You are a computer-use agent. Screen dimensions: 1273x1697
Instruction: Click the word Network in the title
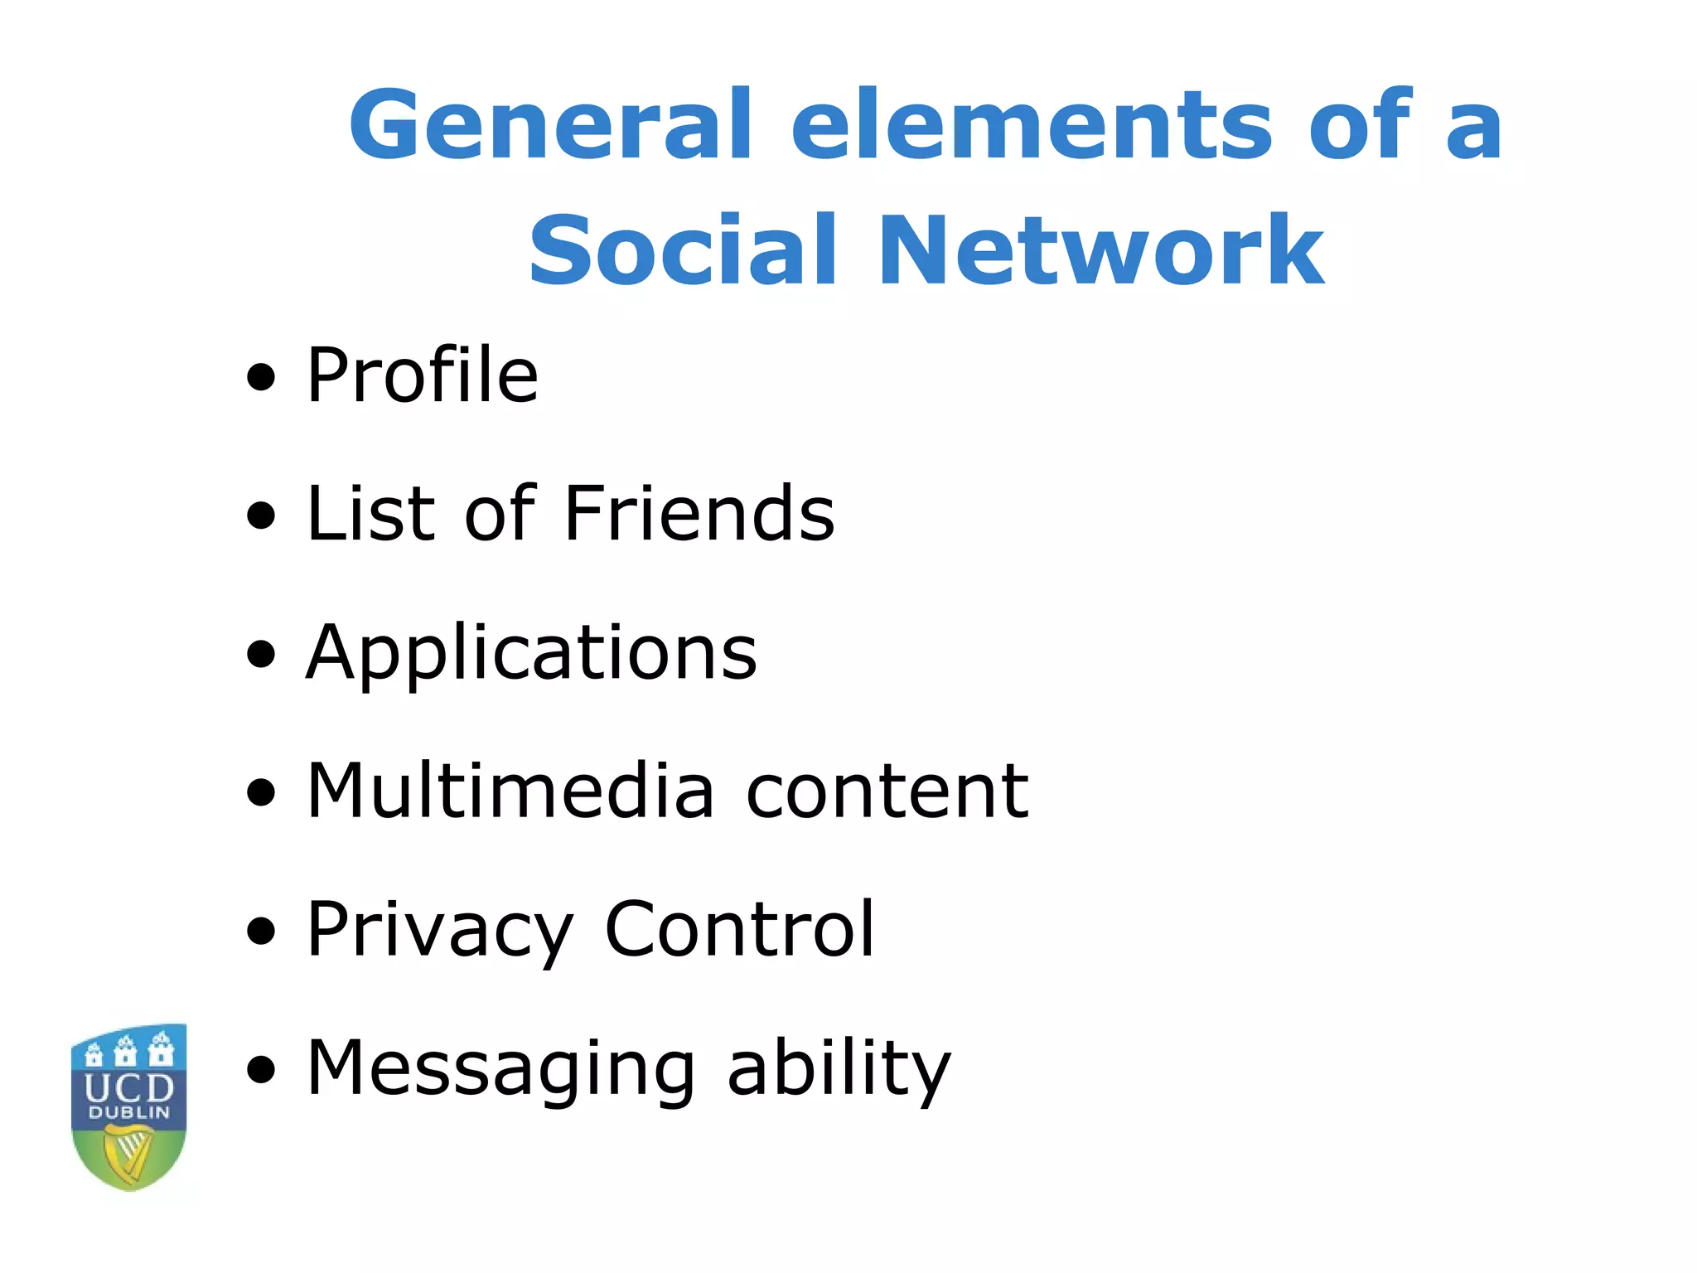(x=1100, y=250)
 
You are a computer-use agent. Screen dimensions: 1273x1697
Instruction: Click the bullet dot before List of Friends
(x=262, y=516)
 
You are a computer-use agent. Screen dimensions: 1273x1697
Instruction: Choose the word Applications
(x=531, y=655)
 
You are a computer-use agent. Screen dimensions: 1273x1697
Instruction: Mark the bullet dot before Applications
(x=262, y=655)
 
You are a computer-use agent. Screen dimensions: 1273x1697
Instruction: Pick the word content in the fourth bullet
(x=887, y=792)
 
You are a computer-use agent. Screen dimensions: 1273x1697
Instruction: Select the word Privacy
(x=439, y=932)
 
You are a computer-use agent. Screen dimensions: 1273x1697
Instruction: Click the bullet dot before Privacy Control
(x=262, y=932)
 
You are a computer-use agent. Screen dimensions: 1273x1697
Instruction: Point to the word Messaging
(x=500, y=1071)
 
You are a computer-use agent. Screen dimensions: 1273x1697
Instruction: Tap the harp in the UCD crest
(x=128, y=1154)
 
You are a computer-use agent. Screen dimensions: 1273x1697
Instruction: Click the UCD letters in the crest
(x=129, y=1087)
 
